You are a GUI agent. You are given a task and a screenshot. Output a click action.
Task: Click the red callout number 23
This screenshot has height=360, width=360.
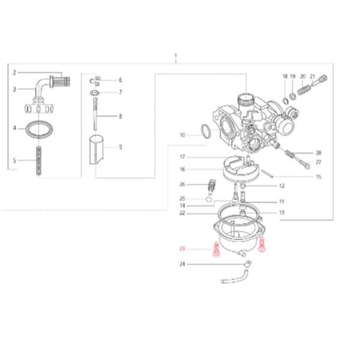tap(182, 248)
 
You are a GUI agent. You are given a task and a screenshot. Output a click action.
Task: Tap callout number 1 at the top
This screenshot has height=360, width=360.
tap(176, 55)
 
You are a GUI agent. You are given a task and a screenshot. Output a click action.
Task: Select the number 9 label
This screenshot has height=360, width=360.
tap(121, 147)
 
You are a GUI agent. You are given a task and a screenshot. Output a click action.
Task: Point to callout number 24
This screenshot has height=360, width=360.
tap(182, 264)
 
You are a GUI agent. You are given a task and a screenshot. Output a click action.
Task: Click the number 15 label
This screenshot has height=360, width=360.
tap(319, 177)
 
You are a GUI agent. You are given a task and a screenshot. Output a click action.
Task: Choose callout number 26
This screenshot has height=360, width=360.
tap(182, 184)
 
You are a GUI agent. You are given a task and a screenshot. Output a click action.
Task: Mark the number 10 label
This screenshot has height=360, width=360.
tap(182, 135)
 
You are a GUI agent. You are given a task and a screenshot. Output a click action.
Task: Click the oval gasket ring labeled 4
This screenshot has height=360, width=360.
tap(39, 129)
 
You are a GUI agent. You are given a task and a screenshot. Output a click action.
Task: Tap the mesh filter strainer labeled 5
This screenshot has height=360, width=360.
tap(39, 161)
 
